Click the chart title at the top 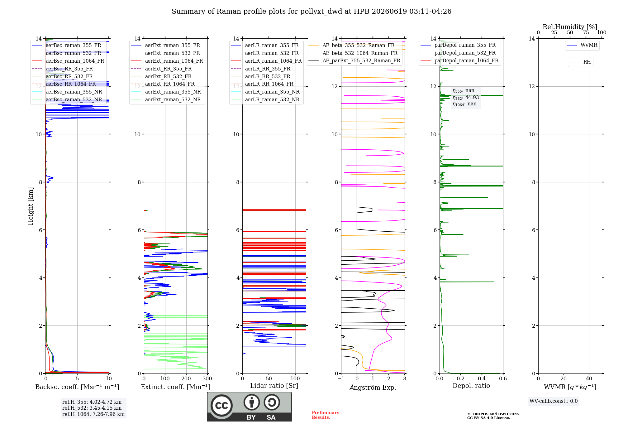click(311, 12)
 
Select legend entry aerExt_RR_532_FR click(168, 76)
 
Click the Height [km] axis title click(31, 206)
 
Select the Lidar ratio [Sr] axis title click(274, 386)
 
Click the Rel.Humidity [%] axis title click(570, 27)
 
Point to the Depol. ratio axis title click(471, 386)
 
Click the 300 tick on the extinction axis click(207, 378)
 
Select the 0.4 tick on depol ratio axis click(482, 378)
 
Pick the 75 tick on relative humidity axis click(586, 32)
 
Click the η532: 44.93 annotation click(466, 98)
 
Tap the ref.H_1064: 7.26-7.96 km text click(93, 414)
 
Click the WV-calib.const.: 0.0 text click(554, 401)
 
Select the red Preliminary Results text click(326, 415)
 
